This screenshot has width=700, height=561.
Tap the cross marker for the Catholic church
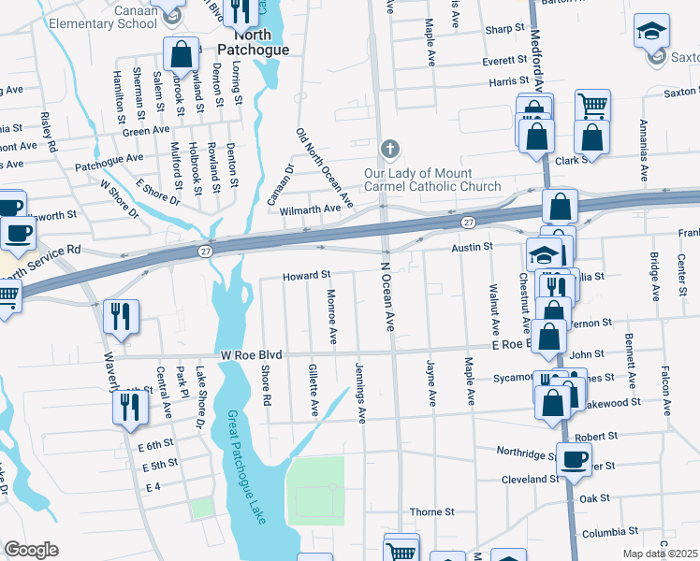(390, 150)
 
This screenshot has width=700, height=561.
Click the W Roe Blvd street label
(252, 355)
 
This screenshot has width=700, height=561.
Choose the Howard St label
(308, 275)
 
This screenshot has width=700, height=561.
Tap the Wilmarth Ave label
(310, 209)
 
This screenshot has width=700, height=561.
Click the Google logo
(31, 550)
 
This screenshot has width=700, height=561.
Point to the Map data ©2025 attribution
(660, 554)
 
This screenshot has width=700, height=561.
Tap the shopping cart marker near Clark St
(592, 106)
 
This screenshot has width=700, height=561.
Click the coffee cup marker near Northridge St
(574, 458)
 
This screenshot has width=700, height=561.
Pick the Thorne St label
(431, 512)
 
